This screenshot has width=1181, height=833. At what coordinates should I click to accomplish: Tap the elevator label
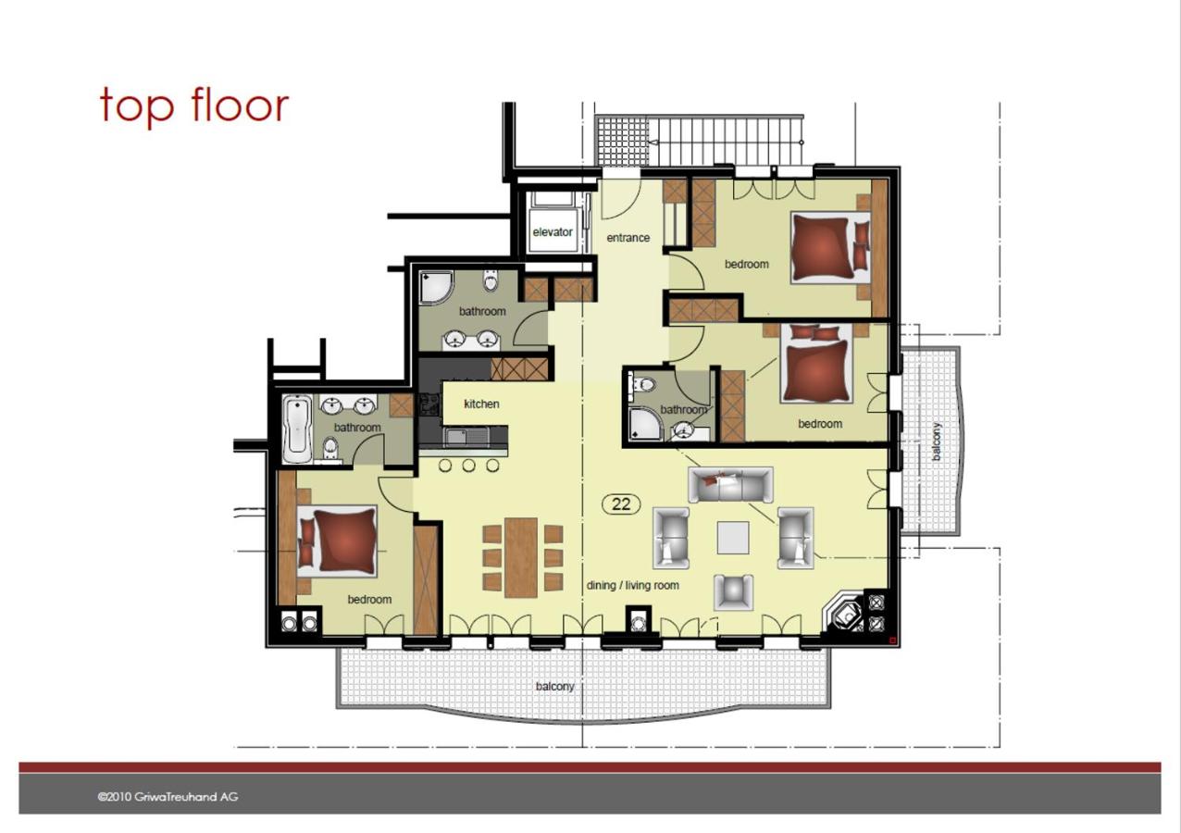click(x=552, y=232)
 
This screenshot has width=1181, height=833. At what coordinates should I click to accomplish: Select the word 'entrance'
click(x=628, y=238)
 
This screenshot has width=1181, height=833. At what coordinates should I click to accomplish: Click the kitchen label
click(x=481, y=404)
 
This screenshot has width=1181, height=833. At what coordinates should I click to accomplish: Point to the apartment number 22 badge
click(x=621, y=504)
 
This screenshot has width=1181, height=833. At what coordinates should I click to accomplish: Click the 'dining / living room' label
click(x=633, y=585)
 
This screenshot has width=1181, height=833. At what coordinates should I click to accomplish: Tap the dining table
click(x=521, y=558)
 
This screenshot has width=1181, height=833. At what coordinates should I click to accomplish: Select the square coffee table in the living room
click(x=733, y=538)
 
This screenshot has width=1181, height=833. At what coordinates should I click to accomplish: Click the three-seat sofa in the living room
click(x=731, y=484)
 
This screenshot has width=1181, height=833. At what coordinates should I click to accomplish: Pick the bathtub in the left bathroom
click(x=297, y=429)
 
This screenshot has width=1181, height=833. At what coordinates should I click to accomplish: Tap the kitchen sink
click(x=467, y=437)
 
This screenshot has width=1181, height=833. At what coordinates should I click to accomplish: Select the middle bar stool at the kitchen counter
click(x=468, y=466)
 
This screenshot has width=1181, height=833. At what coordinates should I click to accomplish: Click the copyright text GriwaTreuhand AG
click(x=168, y=797)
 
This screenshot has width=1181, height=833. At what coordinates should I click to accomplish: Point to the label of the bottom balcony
click(x=554, y=687)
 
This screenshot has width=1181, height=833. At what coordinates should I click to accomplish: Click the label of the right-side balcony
click(x=937, y=441)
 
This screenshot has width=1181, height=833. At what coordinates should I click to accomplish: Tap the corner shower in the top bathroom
click(x=436, y=287)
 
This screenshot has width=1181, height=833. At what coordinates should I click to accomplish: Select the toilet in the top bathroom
click(x=491, y=280)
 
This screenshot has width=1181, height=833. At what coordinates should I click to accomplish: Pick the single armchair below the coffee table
click(x=733, y=592)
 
